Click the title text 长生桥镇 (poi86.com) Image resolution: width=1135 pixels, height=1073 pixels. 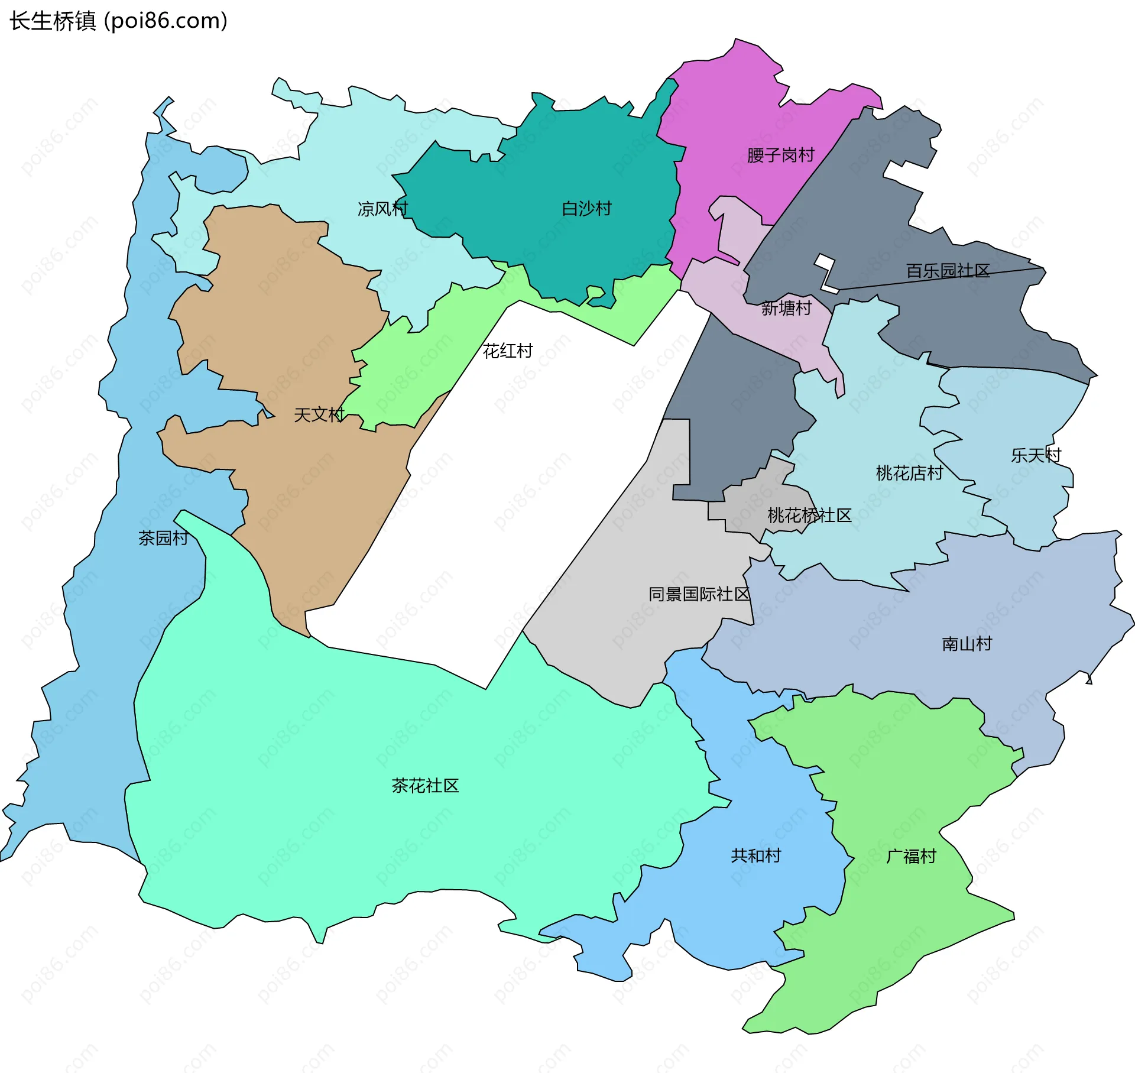118,21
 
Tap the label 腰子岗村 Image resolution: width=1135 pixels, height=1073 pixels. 780,155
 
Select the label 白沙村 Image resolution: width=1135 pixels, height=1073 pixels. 586,209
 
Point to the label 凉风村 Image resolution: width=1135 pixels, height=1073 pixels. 382,209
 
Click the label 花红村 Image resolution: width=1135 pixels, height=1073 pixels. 507,351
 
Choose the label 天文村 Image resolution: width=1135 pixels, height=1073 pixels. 319,415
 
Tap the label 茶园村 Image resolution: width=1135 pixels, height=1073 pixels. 163,538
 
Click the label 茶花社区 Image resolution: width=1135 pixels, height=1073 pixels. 425,786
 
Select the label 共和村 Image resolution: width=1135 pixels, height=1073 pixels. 755,855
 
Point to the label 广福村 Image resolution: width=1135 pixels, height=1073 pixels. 911,856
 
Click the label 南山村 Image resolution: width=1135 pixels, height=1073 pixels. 967,644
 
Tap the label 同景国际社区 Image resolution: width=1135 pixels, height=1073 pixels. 699,594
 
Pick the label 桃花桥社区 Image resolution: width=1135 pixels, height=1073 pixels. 809,516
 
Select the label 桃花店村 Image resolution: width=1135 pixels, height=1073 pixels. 909,473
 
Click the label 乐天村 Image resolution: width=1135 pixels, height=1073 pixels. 1036,455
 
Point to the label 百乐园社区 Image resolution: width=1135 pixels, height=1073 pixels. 948,271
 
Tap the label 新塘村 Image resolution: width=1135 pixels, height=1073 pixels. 786,308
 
